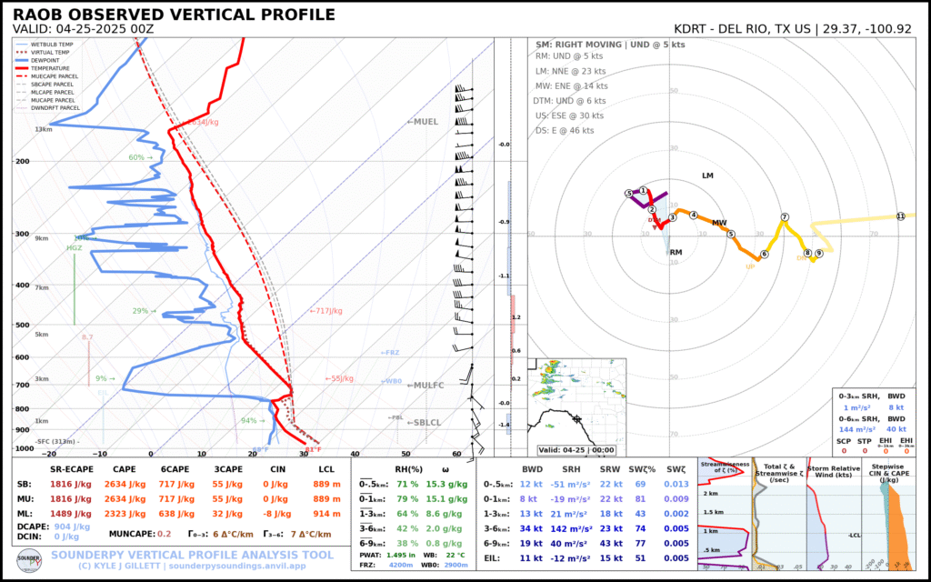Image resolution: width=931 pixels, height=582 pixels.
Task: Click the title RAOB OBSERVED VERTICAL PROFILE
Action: (174, 15)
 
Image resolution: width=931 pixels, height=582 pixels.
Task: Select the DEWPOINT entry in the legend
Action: (46, 60)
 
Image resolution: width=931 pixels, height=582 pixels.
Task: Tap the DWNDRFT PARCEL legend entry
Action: (55, 107)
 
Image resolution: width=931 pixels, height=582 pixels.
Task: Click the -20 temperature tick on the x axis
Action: (49, 453)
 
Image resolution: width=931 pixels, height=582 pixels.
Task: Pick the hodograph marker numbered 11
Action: (900, 216)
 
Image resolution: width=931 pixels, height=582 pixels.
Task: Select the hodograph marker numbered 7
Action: (784, 217)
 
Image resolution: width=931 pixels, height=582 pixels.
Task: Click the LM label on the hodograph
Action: (708, 176)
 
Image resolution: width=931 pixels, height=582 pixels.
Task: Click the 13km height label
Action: (43, 130)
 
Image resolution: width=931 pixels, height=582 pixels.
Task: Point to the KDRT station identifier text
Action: (696, 28)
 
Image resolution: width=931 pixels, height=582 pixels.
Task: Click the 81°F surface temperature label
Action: (312, 449)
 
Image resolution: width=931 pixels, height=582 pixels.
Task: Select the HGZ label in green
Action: (75, 247)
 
